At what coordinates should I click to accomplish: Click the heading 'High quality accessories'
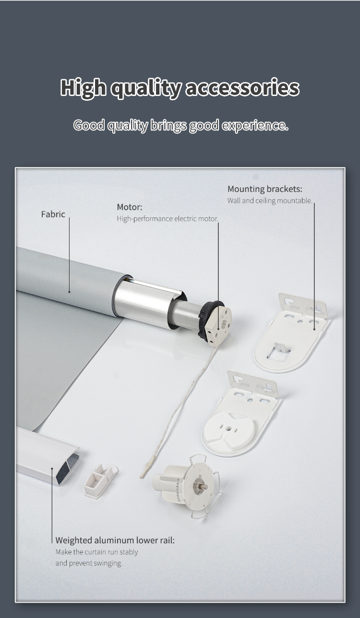tap(180, 88)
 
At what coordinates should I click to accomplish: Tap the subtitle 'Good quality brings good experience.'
tap(181, 125)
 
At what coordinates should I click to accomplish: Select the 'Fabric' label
tap(53, 214)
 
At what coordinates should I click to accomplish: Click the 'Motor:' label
tap(130, 207)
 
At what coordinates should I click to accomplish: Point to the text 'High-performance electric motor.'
tap(168, 219)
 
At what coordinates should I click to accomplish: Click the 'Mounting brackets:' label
tap(265, 189)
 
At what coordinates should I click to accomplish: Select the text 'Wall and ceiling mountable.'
tap(270, 201)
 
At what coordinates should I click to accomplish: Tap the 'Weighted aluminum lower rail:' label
tap(115, 540)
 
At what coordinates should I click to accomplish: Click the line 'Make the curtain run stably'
tap(96, 552)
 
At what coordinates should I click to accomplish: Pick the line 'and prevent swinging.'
tap(89, 563)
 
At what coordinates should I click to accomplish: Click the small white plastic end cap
tap(100, 480)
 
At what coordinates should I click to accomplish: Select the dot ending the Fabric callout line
tap(69, 292)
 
